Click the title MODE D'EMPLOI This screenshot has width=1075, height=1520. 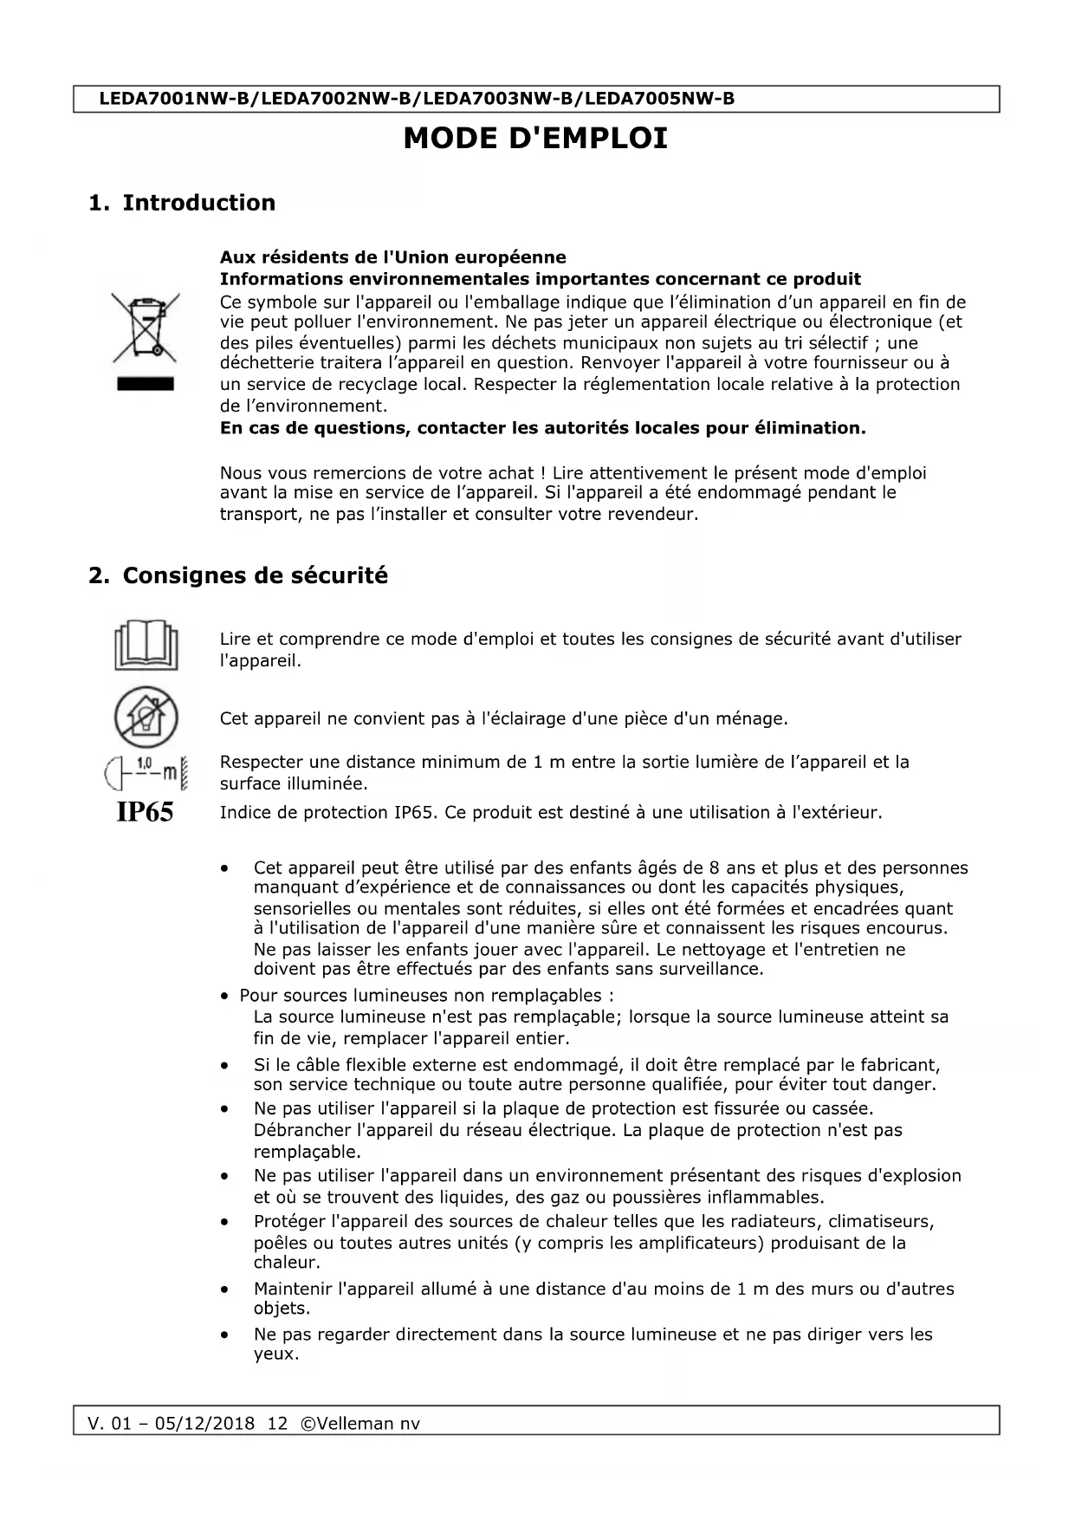[535, 139]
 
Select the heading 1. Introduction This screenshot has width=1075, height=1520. [182, 203]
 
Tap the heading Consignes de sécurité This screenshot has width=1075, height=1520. [255, 575]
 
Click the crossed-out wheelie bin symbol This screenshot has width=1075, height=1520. [145, 328]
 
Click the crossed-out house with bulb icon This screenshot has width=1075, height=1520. [146, 718]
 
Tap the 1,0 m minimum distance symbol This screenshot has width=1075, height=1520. [146, 771]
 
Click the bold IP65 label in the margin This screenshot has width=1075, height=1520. [145, 813]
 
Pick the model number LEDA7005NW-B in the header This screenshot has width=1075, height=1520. [659, 99]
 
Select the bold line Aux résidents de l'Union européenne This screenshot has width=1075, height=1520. [392, 257]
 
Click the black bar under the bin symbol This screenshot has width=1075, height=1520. [145, 384]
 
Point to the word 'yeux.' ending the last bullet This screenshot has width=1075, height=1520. [275, 1354]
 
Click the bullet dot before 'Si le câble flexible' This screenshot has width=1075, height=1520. [225, 1065]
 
